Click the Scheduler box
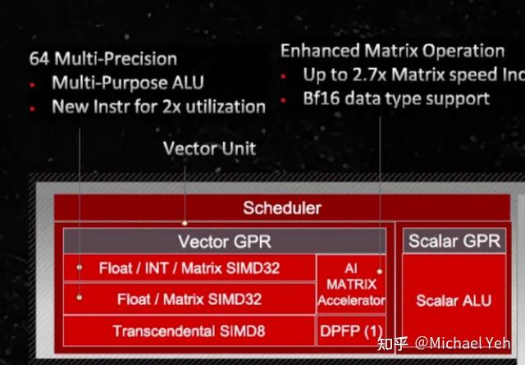281,208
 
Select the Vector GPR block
224,241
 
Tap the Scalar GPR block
454,241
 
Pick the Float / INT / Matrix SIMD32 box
189,267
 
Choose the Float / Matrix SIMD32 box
189,299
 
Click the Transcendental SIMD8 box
189,331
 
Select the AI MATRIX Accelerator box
351,284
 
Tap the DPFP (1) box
351,331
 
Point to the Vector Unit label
209,148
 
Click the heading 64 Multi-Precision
103,59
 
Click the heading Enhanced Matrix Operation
392,51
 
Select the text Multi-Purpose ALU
127,83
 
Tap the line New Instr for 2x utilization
158,107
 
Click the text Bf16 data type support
396,98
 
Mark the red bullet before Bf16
284,99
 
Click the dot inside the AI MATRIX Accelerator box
381,270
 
